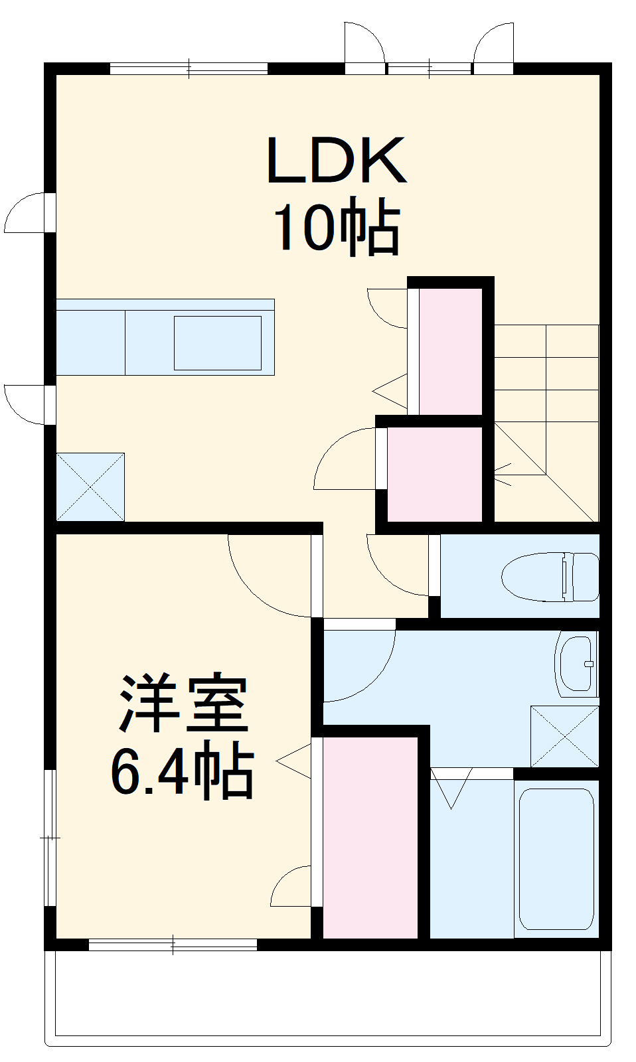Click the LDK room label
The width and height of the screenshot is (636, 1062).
[x=336, y=161]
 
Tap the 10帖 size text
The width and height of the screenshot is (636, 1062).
[x=337, y=227]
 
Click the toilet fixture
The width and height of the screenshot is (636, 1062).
[x=550, y=576]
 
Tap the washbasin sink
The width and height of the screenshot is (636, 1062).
[x=576, y=664]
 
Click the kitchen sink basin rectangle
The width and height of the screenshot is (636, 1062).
[x=217, y=342]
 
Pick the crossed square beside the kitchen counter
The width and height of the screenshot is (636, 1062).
[x=90, y=487]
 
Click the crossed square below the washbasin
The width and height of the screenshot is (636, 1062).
[x=564, y=736]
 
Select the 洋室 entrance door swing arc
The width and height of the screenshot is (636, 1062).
[x=266, y=577]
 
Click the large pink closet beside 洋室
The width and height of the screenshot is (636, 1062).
[x=370, y=837]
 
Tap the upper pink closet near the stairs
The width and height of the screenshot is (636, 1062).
[x=450, y=350]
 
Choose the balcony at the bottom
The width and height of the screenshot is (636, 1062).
[x=327, y=996]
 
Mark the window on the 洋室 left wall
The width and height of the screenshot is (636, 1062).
[x=49, y=837]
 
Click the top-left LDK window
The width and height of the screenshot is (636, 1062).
[x=189, y=68]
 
